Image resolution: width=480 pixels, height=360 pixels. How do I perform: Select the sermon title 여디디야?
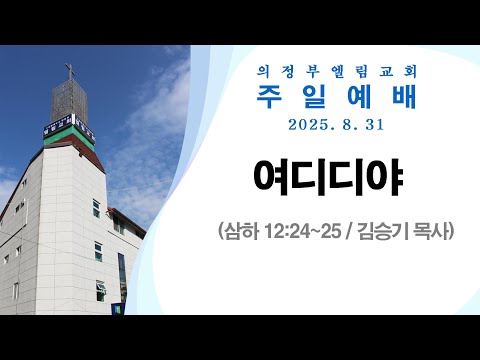click(334, 181)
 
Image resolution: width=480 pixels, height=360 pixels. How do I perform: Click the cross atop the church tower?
click(70, 71)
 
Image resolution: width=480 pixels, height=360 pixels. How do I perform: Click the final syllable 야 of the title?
click(393, 181)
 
